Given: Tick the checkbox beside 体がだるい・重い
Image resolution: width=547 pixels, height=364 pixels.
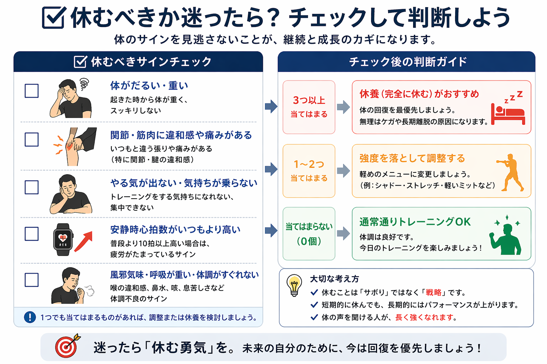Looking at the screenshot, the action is (x=32, y=91).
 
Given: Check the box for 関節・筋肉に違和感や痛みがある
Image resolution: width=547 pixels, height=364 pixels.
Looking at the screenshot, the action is (x=32, y=139).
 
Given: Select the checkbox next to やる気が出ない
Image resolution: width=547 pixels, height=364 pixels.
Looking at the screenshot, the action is (x=32, y=187).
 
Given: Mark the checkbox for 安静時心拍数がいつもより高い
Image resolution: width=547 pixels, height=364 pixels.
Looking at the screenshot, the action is (x=32, y=234).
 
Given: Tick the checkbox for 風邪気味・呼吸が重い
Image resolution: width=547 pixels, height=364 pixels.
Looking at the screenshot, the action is (x=32, y=280).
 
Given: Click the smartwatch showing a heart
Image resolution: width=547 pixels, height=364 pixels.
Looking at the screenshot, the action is (x=63, y=239).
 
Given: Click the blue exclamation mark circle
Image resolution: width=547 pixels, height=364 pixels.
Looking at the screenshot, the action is (x=30, y=317).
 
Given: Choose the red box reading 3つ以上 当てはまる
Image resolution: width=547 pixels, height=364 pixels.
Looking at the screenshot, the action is (x=309, y=107).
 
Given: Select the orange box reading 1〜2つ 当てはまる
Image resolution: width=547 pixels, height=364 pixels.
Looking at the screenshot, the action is (x=309, y=171).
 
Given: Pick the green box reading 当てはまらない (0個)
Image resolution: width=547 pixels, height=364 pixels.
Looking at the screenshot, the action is (x=309, y=234).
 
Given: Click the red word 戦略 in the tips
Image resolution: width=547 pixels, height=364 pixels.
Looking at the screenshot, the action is (x=433, y=293).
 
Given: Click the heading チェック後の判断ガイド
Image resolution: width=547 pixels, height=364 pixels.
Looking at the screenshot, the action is (x=408, y=62).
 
